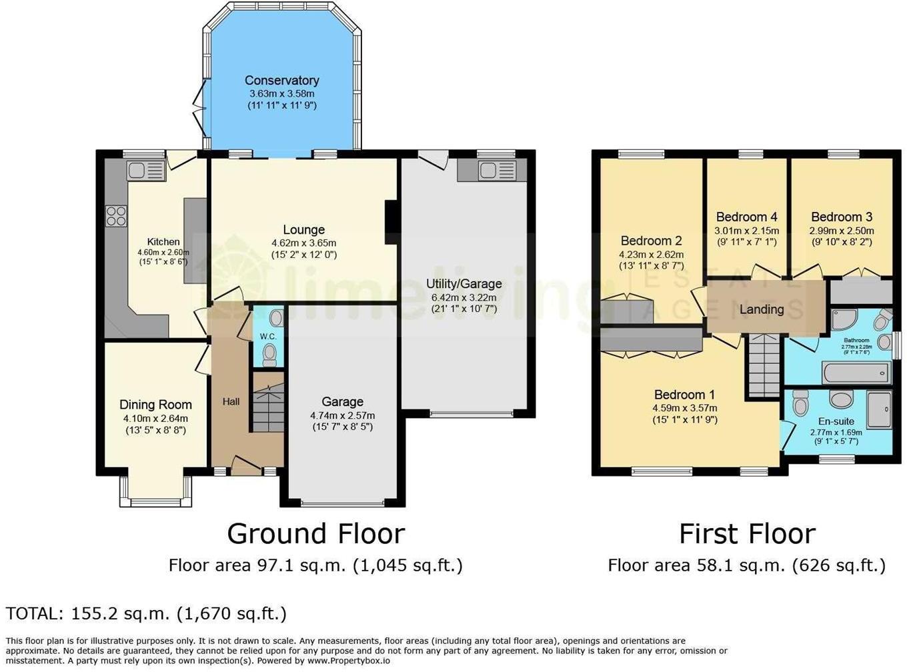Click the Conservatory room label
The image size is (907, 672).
(281, 81)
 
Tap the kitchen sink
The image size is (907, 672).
(145, 169)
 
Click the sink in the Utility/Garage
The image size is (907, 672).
(492, 171)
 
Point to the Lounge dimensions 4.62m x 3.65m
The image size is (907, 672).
(303, 243)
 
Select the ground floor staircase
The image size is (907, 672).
(268, 407)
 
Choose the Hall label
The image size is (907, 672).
(231, 401)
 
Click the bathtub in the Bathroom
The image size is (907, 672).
(856, 373)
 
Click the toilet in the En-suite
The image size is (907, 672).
(800, 403)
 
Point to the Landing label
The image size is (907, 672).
(761, 309)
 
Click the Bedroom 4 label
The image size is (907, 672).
(746, 217)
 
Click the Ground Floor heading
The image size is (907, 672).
(315, 534)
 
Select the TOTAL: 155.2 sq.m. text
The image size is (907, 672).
(146, 613)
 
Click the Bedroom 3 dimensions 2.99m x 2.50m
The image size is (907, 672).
(841, 231)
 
